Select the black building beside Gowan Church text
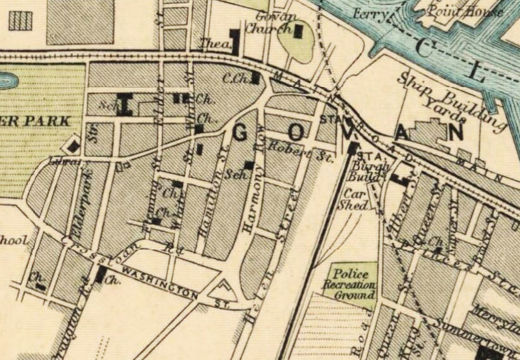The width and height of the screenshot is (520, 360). click(299, 31)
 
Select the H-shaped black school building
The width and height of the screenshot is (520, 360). click(125, 104)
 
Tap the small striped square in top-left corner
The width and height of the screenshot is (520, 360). click(20, 20)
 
